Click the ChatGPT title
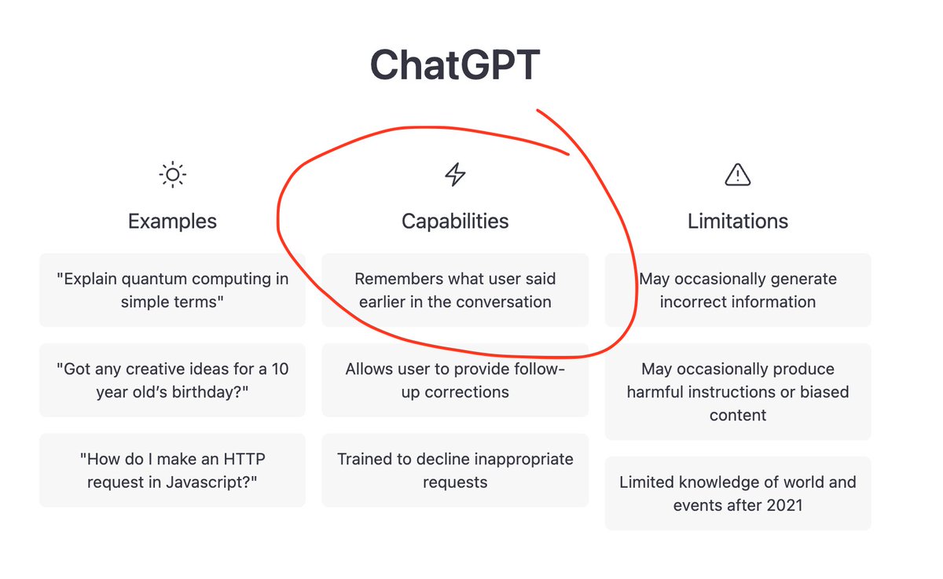click(x=455, y=64)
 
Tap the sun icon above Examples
click(x=173, y=174)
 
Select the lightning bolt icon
click(x=455, y=174)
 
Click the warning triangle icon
click(x=738, y=174)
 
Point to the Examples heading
click(x=172, y=221)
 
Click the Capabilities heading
click(x=455, y=221)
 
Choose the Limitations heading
click(x=738, y=221)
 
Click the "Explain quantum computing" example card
click(x=172, y=290)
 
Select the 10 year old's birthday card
click(x=172, y=380)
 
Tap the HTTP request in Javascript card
click(x=172, y=470)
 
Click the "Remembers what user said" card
click(x=455, y=290)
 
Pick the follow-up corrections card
click(x=455, y=380)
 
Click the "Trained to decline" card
click(x=455, y=470)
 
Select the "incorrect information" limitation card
click(x=738, y=290)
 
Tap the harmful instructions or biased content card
click(x=738, y=391)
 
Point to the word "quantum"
click(x=154, y=280)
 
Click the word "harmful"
click(x=651, y=392)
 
